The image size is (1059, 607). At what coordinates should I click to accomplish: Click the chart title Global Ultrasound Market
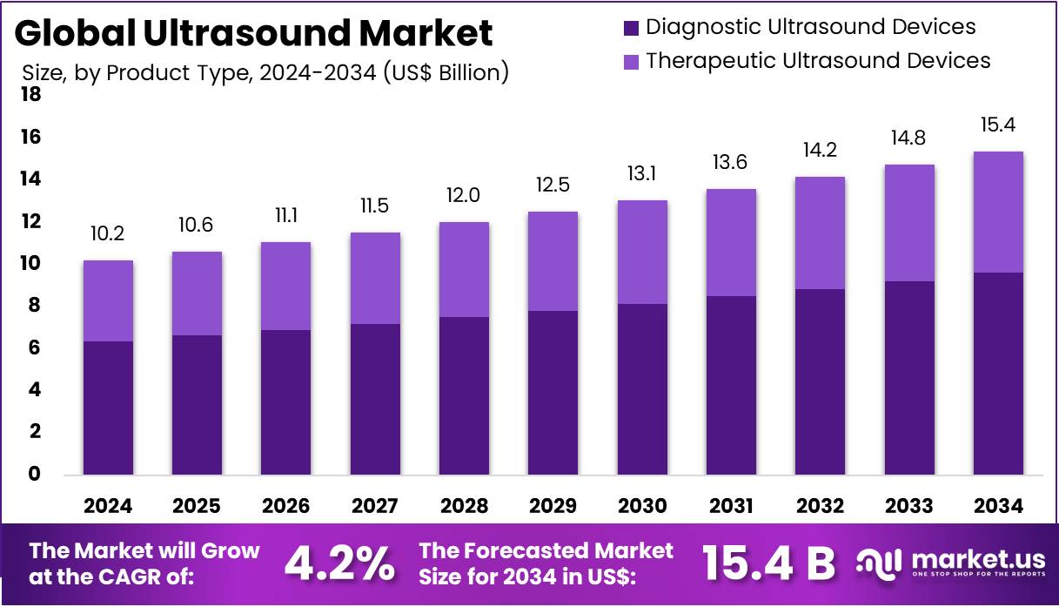(x=253, y=33)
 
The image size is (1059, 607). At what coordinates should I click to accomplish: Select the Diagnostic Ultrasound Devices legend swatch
(x=631, y=28)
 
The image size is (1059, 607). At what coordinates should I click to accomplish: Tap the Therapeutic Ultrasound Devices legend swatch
(x=631, y=61)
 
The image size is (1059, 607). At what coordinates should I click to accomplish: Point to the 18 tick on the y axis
(x=30, y=95)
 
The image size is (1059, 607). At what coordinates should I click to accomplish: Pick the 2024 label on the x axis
(x=108, y=506)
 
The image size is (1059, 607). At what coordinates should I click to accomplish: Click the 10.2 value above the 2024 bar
(x=108, y=234)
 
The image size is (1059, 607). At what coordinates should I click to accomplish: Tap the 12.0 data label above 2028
(x=464, y=196)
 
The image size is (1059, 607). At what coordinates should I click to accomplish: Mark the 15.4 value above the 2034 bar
(x=998, y=125)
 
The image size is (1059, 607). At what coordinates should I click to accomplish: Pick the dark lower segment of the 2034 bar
(x=998, y=374)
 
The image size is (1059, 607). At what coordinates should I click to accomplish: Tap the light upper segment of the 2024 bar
(x=108, y=300)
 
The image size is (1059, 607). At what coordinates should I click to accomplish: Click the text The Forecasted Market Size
(x=546, y=563)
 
